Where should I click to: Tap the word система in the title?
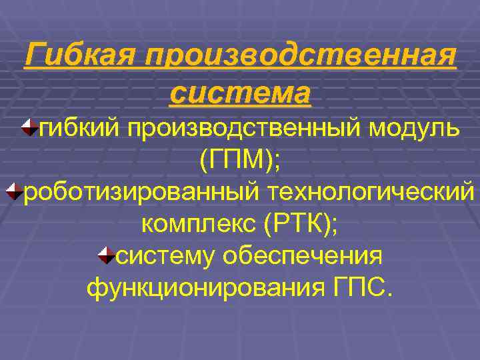click(x=241, y=93)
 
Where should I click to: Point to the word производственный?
click(x=239, y=127)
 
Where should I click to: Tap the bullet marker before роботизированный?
click(x=14, y=192)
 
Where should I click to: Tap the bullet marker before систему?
click(x=105, y=255)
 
